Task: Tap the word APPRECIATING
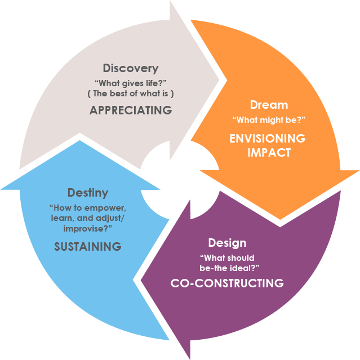[x=131, y=110]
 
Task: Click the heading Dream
[x=269, y=105]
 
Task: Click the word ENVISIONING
[x=268, y=139]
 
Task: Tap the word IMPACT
[x=269, y=153]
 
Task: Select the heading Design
[x=227, y=243]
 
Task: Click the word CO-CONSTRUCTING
[x=227, y=283]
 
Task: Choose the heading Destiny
[x=88, y=193]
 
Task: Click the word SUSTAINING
[x=87, y=246]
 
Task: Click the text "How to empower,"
[x=87, y=207]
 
